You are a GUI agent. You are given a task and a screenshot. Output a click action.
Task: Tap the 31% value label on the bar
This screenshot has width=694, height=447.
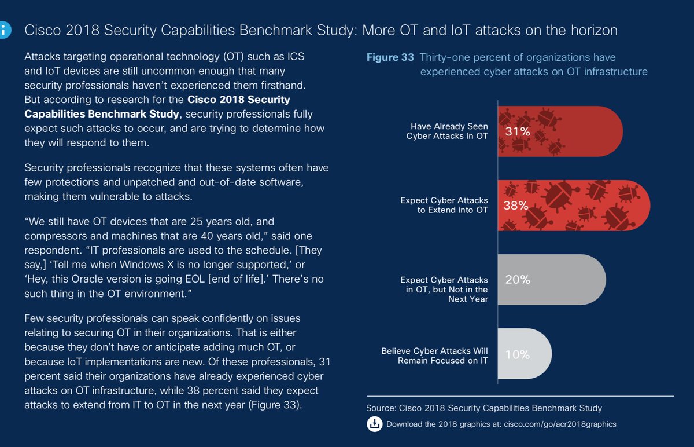(x=517, y=131)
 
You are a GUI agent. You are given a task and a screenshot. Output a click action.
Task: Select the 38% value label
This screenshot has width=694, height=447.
(x=516, y=206)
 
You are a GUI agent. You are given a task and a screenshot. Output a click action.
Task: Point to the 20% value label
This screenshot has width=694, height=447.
(x=517, y=280)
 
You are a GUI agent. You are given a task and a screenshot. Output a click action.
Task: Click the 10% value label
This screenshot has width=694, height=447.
(x=517, y=354)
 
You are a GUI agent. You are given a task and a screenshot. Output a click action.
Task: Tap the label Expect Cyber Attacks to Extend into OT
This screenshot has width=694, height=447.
(x=444, y=205)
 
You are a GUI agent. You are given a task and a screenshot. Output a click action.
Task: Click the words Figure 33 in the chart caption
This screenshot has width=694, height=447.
(x=390, y=57)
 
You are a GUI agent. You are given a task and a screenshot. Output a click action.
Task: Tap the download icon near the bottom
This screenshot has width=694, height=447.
(x=374, y=424)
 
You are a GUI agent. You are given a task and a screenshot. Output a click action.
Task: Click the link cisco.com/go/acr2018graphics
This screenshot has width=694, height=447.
(x=560, y=424)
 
